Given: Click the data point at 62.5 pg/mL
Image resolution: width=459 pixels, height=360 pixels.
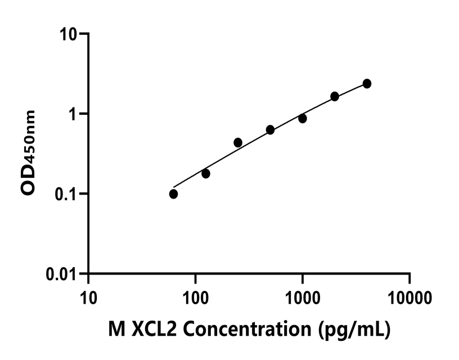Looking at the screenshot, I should pyautogui.click(x=173, y=194).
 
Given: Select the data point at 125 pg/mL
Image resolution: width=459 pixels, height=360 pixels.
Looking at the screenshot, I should pyautogui.click(x=206, y=174).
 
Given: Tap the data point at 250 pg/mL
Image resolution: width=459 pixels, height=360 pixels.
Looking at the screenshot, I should pyautogui.click(x=238, y=143).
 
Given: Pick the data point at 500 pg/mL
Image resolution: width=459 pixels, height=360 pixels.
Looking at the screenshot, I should pyautogui.click(x=270, y=130).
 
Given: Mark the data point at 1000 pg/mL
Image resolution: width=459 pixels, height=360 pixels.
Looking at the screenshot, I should pyautogui.click(x=303, y=119).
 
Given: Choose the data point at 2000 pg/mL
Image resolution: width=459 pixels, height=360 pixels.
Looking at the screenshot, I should pyautogui.click(x=335, y=96).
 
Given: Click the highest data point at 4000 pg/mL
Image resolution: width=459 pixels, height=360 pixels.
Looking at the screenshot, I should pyautogui.click(x=367, y=84).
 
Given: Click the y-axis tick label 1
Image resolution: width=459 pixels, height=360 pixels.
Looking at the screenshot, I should pyautogui.click(x=75, y=114).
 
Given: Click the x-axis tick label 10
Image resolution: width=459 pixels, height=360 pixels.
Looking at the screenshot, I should pyautogui.click(x=88, y=296).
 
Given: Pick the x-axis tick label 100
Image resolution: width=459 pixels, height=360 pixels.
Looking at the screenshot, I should pyautogui.click(x=195, y=296).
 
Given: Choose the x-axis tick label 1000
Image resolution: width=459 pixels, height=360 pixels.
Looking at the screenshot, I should pyautogui.click(x=303, y=296).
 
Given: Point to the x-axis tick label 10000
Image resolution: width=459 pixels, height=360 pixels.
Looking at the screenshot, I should pyautogui.click(x=409, y=296).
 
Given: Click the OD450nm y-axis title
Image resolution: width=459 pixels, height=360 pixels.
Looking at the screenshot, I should pyautogui.click(x=29, y=153).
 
